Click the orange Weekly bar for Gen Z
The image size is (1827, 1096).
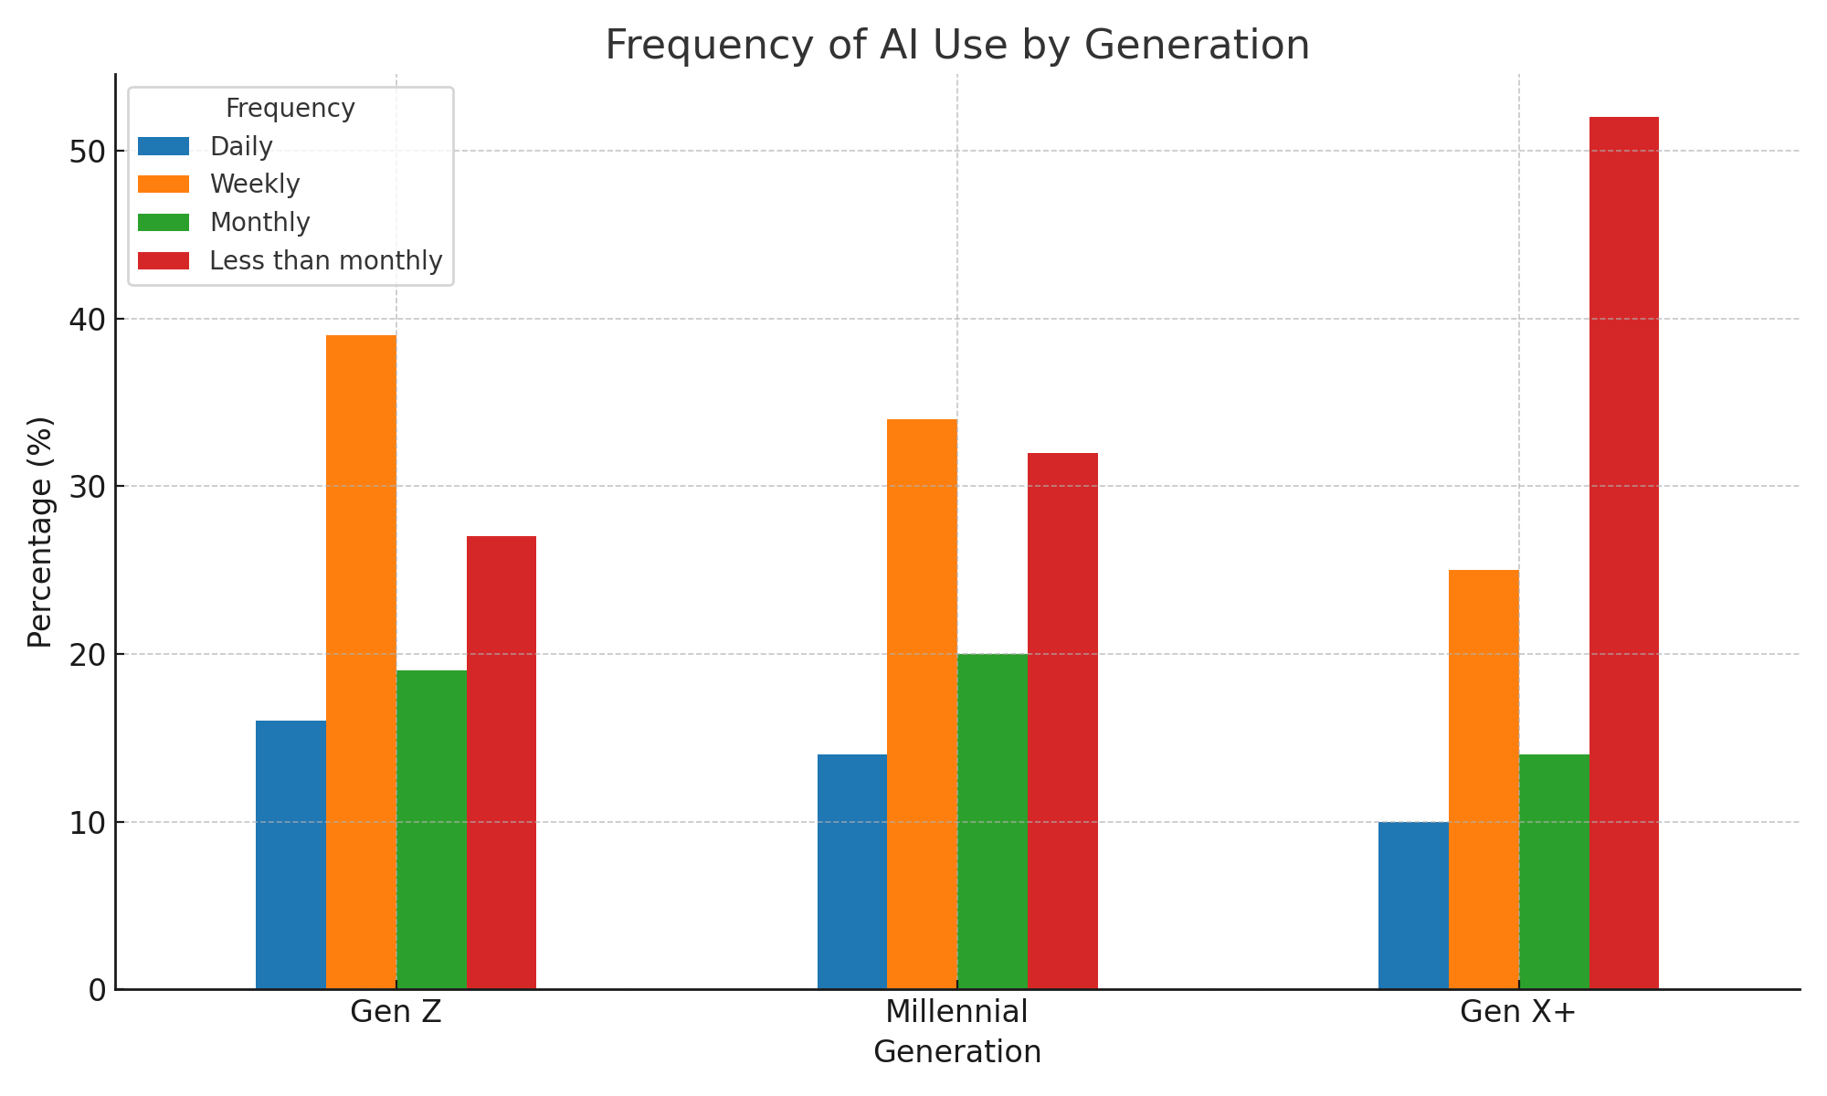click(x=361, y=662)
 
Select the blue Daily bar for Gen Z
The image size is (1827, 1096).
click(x=290, y=855)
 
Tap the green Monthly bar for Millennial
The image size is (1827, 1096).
click(x=992, y=821)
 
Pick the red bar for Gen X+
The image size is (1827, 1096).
click(x=1623, y=553)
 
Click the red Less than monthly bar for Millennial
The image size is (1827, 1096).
click(x=1062, y=721)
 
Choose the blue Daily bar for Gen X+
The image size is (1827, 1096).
click(x=1413, y=905)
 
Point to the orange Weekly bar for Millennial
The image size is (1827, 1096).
click(x=922, y=704)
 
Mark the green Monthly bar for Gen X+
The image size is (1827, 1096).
click(x=1554, y=871)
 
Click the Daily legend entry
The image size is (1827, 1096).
click(x=241, y=146)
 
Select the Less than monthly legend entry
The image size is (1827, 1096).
click(x=325, y=261)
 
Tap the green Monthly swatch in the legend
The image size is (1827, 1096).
click(x=164, y=223)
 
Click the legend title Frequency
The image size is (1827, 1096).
click(x=290, y=109)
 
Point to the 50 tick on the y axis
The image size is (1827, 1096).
click(x=88, y=152)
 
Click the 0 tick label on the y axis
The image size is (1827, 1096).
click(x=98, y=990)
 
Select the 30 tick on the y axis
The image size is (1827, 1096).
click(x=88, y=487)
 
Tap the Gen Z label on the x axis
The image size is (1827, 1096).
click(x=396, y=1012)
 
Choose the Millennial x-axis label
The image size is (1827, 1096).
click(x=956, y=1012)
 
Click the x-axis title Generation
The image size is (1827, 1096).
click(x=956, y=1052)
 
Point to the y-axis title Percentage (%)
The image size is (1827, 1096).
click(x=39, y=532)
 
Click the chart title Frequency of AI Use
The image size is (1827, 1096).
click(x=956, y=45)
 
